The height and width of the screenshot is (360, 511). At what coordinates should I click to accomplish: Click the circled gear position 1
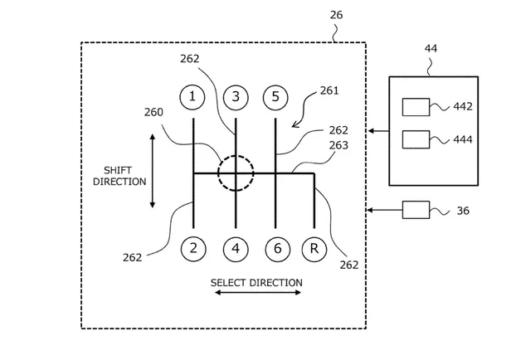192,97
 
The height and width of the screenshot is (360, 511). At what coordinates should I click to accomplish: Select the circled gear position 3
236,97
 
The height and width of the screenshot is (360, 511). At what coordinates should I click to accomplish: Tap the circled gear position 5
275,97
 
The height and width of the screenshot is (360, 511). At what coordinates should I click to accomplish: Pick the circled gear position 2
193,249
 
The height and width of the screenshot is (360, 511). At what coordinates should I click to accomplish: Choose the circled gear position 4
236,249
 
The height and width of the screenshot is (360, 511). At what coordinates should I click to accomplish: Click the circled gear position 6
278,249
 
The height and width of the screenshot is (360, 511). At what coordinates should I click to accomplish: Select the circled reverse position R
314,249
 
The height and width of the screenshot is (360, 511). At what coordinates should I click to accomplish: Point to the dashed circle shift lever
218,173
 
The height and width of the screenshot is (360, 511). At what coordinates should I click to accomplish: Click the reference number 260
153,113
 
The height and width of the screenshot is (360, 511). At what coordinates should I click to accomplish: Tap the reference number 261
329,90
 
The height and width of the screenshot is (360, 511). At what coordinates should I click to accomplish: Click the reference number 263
338,145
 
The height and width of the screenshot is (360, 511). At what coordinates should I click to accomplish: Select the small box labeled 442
416,107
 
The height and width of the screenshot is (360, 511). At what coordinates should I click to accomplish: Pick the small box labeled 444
416,139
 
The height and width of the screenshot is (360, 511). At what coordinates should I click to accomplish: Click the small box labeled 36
416,210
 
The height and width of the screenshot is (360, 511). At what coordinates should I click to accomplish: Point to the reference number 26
336,15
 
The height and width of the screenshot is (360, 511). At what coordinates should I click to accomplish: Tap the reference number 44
431,49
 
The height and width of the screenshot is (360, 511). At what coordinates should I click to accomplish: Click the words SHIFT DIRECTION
119,176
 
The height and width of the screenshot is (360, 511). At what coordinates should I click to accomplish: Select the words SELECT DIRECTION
256,283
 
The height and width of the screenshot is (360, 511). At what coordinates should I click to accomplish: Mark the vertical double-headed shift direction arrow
152,171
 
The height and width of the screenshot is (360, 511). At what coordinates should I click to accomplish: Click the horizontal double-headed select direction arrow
258,293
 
